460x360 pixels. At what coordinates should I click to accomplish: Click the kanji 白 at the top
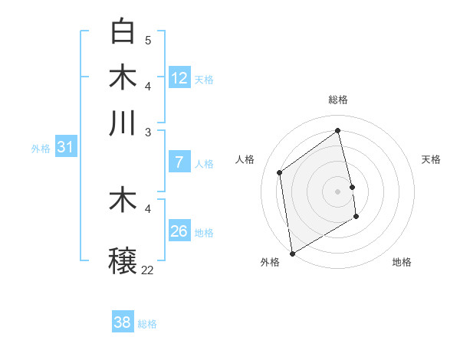123,31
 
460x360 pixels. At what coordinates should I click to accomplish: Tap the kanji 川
123,123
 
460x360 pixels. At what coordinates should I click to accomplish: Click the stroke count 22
147,270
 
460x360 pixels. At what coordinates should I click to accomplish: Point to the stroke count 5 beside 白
148,40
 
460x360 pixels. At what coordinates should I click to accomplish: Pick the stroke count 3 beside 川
148,132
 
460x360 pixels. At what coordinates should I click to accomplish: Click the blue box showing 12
179,77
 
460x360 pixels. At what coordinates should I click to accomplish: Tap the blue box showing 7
179,162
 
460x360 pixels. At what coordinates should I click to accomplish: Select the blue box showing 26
179,231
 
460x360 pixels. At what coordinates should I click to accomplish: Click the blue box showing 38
122,322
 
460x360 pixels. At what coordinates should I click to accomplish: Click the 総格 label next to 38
147,324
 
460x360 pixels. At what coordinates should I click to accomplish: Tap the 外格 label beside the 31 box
41,149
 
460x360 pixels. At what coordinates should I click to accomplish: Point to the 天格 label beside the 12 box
204,80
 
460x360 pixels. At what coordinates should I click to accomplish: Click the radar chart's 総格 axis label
338,100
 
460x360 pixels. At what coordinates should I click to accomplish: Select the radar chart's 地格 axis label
402,262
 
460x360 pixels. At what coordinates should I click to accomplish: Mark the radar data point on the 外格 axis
292,254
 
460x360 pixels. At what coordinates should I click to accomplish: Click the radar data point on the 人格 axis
280,172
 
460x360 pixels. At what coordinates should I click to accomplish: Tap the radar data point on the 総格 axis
338,130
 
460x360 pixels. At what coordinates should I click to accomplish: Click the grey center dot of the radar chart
338,191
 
